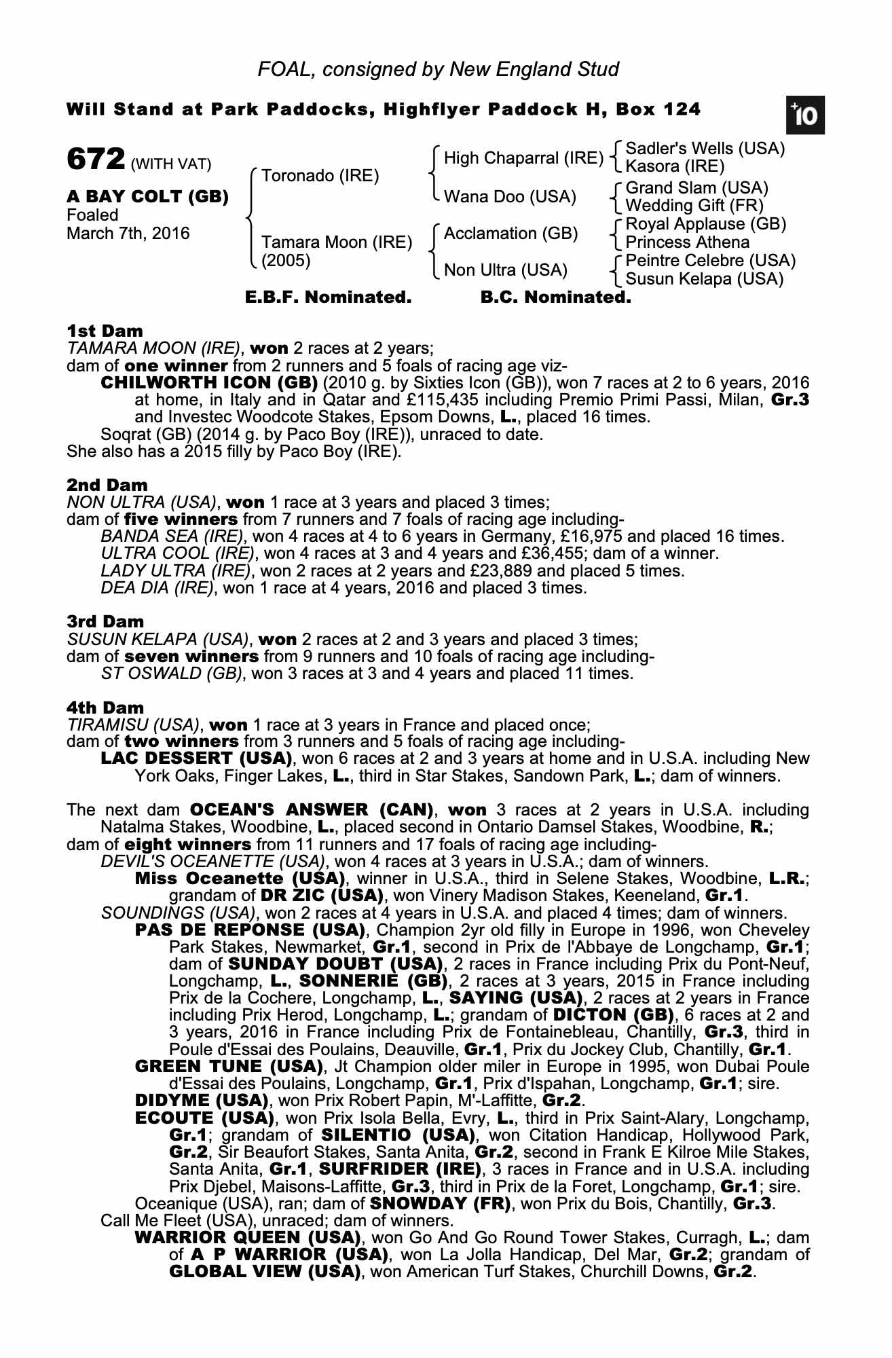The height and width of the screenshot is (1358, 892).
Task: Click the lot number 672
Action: (x=95, y=160)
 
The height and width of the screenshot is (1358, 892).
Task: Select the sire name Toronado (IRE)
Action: (x=320, y=177)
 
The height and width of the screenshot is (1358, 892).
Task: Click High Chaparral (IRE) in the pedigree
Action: (x=523, y=159)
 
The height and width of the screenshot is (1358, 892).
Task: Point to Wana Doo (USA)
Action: (x=510, y=198)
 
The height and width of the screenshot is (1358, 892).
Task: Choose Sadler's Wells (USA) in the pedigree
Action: (x=705, y=149)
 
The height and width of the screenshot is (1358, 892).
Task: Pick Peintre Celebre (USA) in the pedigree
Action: (x=710, y=261)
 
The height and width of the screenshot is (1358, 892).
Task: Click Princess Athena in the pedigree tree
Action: (x=687, y=242)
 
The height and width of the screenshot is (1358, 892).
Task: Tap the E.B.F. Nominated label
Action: (x=328, y=297)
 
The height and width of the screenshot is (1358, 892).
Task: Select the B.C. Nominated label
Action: (x=555, y=297)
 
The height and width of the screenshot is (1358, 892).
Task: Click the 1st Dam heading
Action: (x=105, y=331)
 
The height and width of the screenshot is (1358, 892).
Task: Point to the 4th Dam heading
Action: (x=105, y=708)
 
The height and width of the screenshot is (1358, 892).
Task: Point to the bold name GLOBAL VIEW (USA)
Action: (x=264, y=1272)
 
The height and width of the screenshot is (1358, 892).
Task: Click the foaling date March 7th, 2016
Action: (x=128, y=234)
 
